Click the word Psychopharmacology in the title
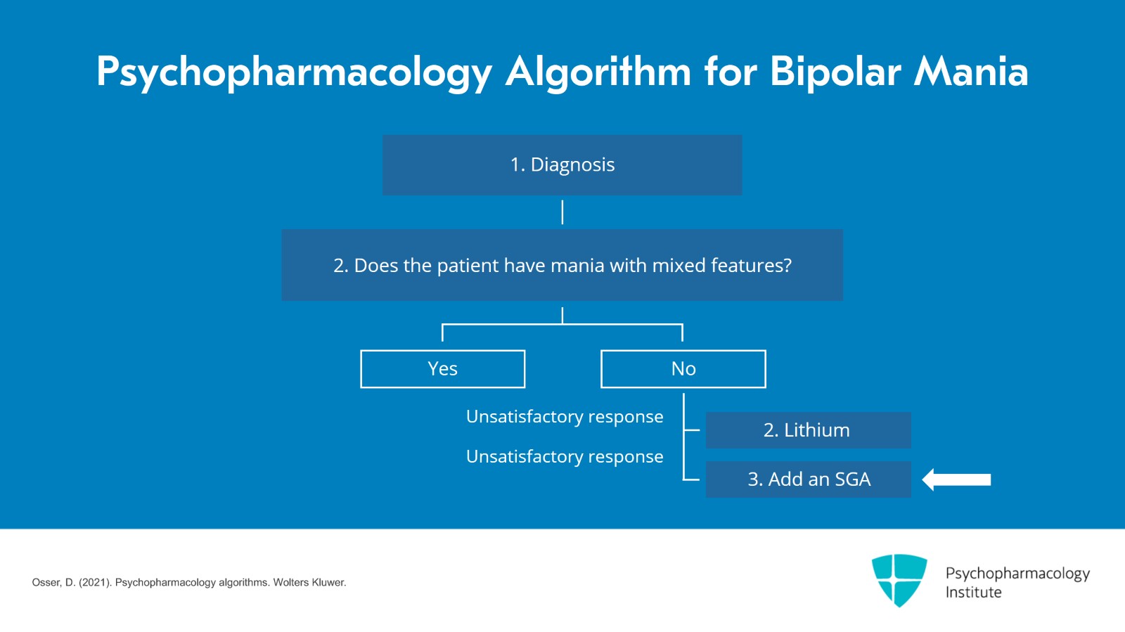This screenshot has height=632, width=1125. point(294,72)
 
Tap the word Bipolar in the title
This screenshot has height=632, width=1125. point(835,72)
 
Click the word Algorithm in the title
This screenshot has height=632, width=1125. point(598,72)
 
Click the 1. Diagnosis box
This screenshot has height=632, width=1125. point(562,165)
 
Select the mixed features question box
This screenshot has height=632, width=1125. point(562,265)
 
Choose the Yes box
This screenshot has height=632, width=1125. point(442,369)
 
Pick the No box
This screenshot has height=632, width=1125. point(683,369)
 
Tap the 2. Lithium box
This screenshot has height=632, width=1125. point(808,430)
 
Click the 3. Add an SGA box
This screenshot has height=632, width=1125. point(808,479)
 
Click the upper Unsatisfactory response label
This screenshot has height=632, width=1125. point(565,417)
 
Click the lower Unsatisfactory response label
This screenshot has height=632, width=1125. point(565,457)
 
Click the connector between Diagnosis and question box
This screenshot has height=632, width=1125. point(562,212)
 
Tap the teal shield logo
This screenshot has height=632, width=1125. point(899,579)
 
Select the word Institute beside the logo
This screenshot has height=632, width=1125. point(973,593)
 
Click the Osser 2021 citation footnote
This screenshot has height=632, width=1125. point(188,583)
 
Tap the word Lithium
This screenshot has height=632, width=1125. point(816,430)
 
